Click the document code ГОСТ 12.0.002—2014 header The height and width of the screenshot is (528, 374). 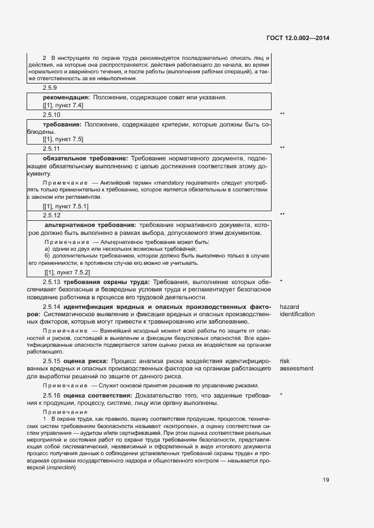point(298,38)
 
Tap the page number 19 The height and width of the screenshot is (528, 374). point(326,480)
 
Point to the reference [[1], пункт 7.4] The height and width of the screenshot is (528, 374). point(63,106)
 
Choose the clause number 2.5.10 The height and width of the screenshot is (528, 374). point(52,115)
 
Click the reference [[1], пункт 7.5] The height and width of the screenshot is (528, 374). point(63,139)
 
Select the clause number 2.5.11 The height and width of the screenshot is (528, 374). point(52,148)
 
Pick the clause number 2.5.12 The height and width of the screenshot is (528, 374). point(52,216)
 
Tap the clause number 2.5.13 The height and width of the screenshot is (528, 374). point(51,281)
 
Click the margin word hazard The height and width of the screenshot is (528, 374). point(290,306)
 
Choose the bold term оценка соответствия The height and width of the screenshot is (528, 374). point(97,395)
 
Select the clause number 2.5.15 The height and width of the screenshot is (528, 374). point(51,360)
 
